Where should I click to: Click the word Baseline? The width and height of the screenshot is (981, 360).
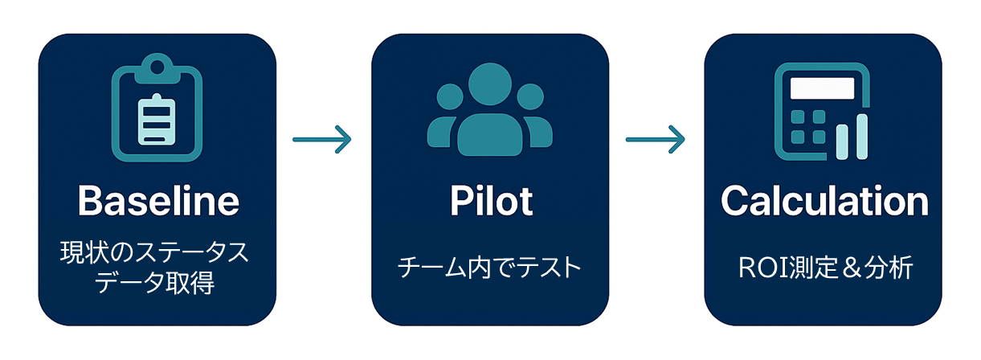(x=158, y=201)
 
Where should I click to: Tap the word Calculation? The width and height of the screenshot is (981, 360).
(x=824, y=201)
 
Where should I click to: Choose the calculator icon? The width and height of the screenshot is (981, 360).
(x=822, y=112)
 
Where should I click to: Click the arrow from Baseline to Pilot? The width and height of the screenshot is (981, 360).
(x=322, y=140)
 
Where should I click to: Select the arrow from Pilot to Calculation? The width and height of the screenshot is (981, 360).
(x=656, y=140)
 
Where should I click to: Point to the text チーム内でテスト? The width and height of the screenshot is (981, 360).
(x=489, y=268)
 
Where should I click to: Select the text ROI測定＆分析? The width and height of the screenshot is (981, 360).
(x=824, y=268)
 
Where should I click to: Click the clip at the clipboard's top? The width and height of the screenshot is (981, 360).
(x=157, y=67)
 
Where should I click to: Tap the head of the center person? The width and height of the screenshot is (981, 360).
(x=489, y=84)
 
